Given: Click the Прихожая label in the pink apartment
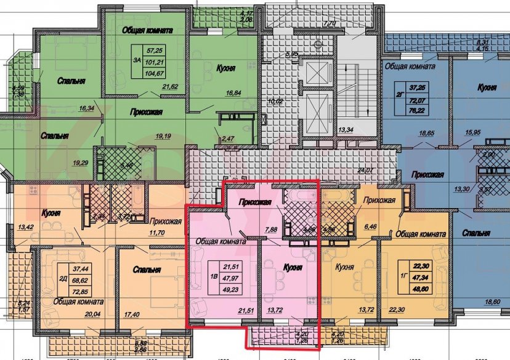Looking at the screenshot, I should (256, 199).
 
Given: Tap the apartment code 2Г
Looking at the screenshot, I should (402, 95).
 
